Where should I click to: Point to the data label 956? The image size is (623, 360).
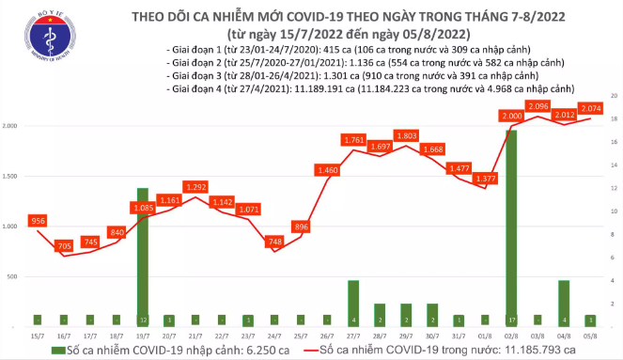(38, 220)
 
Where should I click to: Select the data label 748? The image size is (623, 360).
(274, 241)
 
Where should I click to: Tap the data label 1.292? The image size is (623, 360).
(195, 187)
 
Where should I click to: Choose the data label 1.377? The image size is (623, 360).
(486, 178)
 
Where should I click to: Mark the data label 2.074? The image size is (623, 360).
(590, 109)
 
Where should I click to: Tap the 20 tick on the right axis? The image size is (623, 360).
(614, 96)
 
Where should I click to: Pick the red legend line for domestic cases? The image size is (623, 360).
(320, 351)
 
